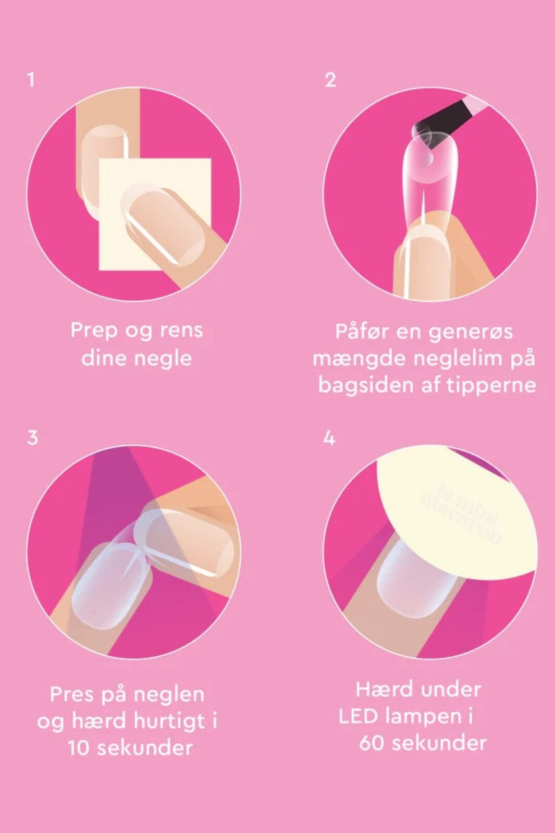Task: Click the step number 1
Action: click(32, 80)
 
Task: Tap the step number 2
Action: click(330, 80)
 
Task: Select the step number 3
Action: click(33, 437)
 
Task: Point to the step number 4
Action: click(329, 438)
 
